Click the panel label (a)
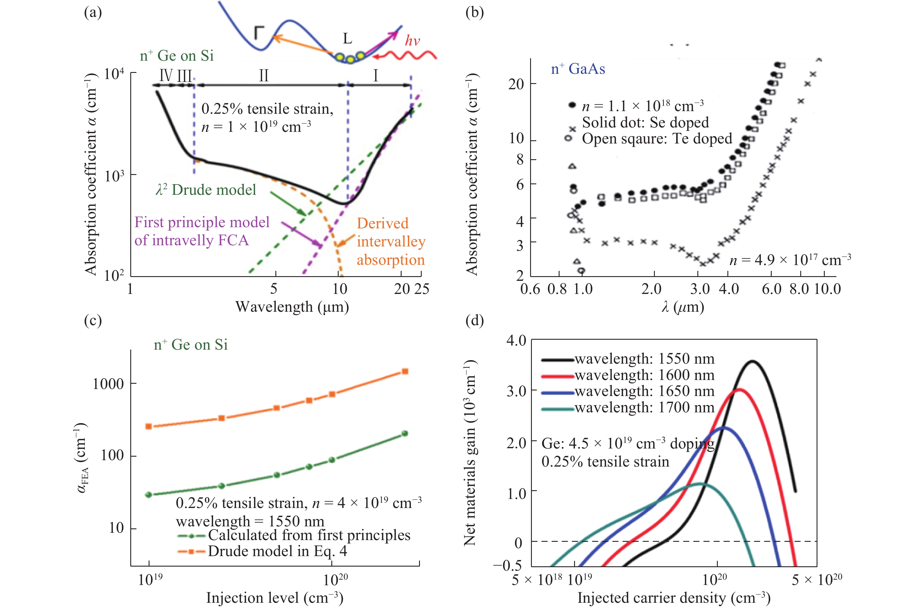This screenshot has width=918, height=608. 93,13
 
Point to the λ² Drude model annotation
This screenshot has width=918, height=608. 206,190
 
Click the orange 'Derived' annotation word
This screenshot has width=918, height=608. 382,223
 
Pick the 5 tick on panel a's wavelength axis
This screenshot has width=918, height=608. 274,288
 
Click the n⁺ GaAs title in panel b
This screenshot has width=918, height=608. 578,69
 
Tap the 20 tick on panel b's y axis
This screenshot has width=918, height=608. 516,84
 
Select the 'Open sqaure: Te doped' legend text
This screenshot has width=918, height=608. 657,139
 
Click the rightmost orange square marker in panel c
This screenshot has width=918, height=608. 405,372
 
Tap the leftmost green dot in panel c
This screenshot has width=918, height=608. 148,495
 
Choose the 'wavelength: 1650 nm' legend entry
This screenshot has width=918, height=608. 644,391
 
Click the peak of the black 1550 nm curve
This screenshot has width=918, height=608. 752,361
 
